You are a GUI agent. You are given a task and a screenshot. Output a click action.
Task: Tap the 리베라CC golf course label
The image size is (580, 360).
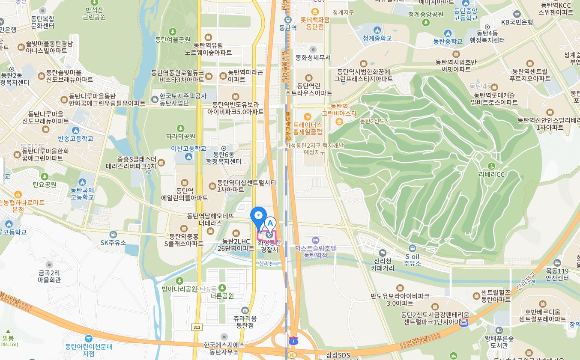click(x=492, y=174)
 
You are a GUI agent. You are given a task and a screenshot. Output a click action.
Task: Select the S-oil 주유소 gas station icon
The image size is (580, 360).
click(x=412, y=248)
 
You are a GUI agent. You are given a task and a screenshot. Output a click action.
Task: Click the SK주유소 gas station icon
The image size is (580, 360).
click(x=113, y=235)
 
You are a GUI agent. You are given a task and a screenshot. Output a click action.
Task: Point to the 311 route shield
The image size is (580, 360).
click(x=197, y=327)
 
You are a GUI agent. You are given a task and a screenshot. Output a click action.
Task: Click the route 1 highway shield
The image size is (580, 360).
click(x=293, y=341)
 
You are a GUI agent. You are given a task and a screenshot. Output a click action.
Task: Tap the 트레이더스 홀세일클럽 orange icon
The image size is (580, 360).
click(x=307, y=116)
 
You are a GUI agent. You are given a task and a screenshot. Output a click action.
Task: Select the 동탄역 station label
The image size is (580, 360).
click(x=288, y=28)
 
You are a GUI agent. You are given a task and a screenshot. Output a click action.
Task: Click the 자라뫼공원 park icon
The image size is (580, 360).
click(x=181, y=128)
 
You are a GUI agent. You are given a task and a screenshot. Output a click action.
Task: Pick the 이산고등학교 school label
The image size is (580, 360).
click(x=188, y=149)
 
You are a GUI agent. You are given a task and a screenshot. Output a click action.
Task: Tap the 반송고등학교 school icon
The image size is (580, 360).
click(x=76, y=131)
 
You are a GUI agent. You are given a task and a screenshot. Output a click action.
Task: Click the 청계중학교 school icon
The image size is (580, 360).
click(x=377, y=30)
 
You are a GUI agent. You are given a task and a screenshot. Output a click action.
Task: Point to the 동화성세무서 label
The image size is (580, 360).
click(x=313, y=57)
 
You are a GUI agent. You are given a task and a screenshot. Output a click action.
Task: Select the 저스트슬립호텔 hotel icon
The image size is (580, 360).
click(x=316, y=240)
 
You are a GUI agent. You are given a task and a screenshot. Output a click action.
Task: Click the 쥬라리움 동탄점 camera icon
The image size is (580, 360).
click(x=245, y=310)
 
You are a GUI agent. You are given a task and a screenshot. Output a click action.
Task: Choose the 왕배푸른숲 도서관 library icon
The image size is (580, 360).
click(x=499, y=330)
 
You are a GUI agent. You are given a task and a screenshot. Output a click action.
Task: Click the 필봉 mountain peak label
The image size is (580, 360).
click(x=8, y=338)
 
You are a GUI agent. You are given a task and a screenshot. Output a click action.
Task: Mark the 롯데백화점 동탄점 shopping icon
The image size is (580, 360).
click(x=315, y=12)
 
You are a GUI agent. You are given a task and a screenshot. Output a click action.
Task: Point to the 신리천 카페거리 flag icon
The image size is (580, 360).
click(x=383, y=253)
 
